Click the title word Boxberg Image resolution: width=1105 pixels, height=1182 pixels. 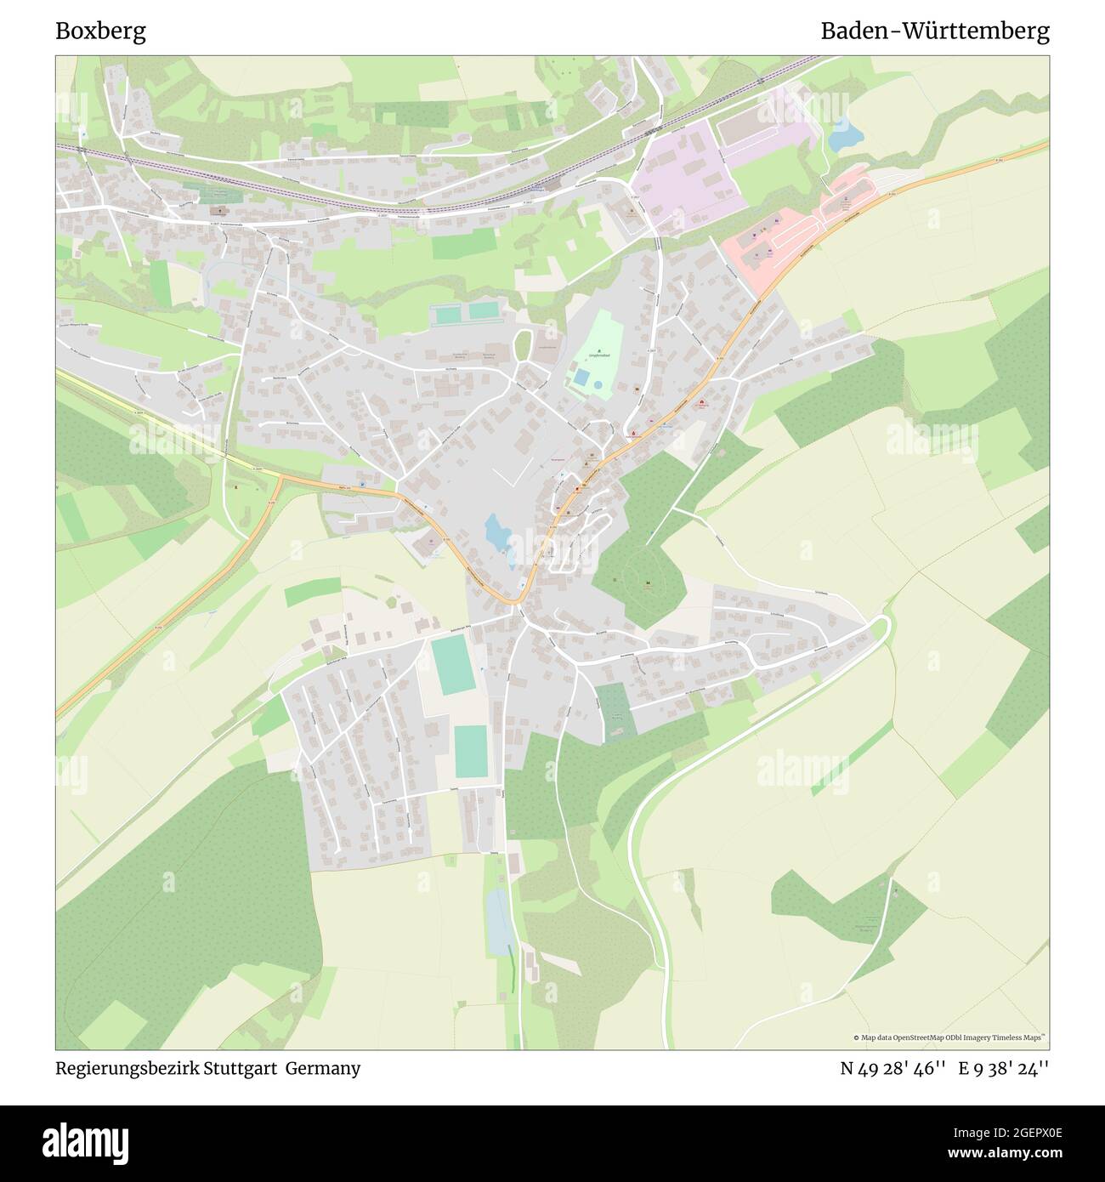[x=100, y=31]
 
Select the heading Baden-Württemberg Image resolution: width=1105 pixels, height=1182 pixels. [x=934, y=31]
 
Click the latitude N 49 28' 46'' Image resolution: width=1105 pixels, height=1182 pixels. [x=892, y=1068]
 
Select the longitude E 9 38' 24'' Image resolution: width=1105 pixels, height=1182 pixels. [x=1004, y=1068]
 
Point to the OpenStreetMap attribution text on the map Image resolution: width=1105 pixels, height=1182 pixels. [x=949, y=1037]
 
